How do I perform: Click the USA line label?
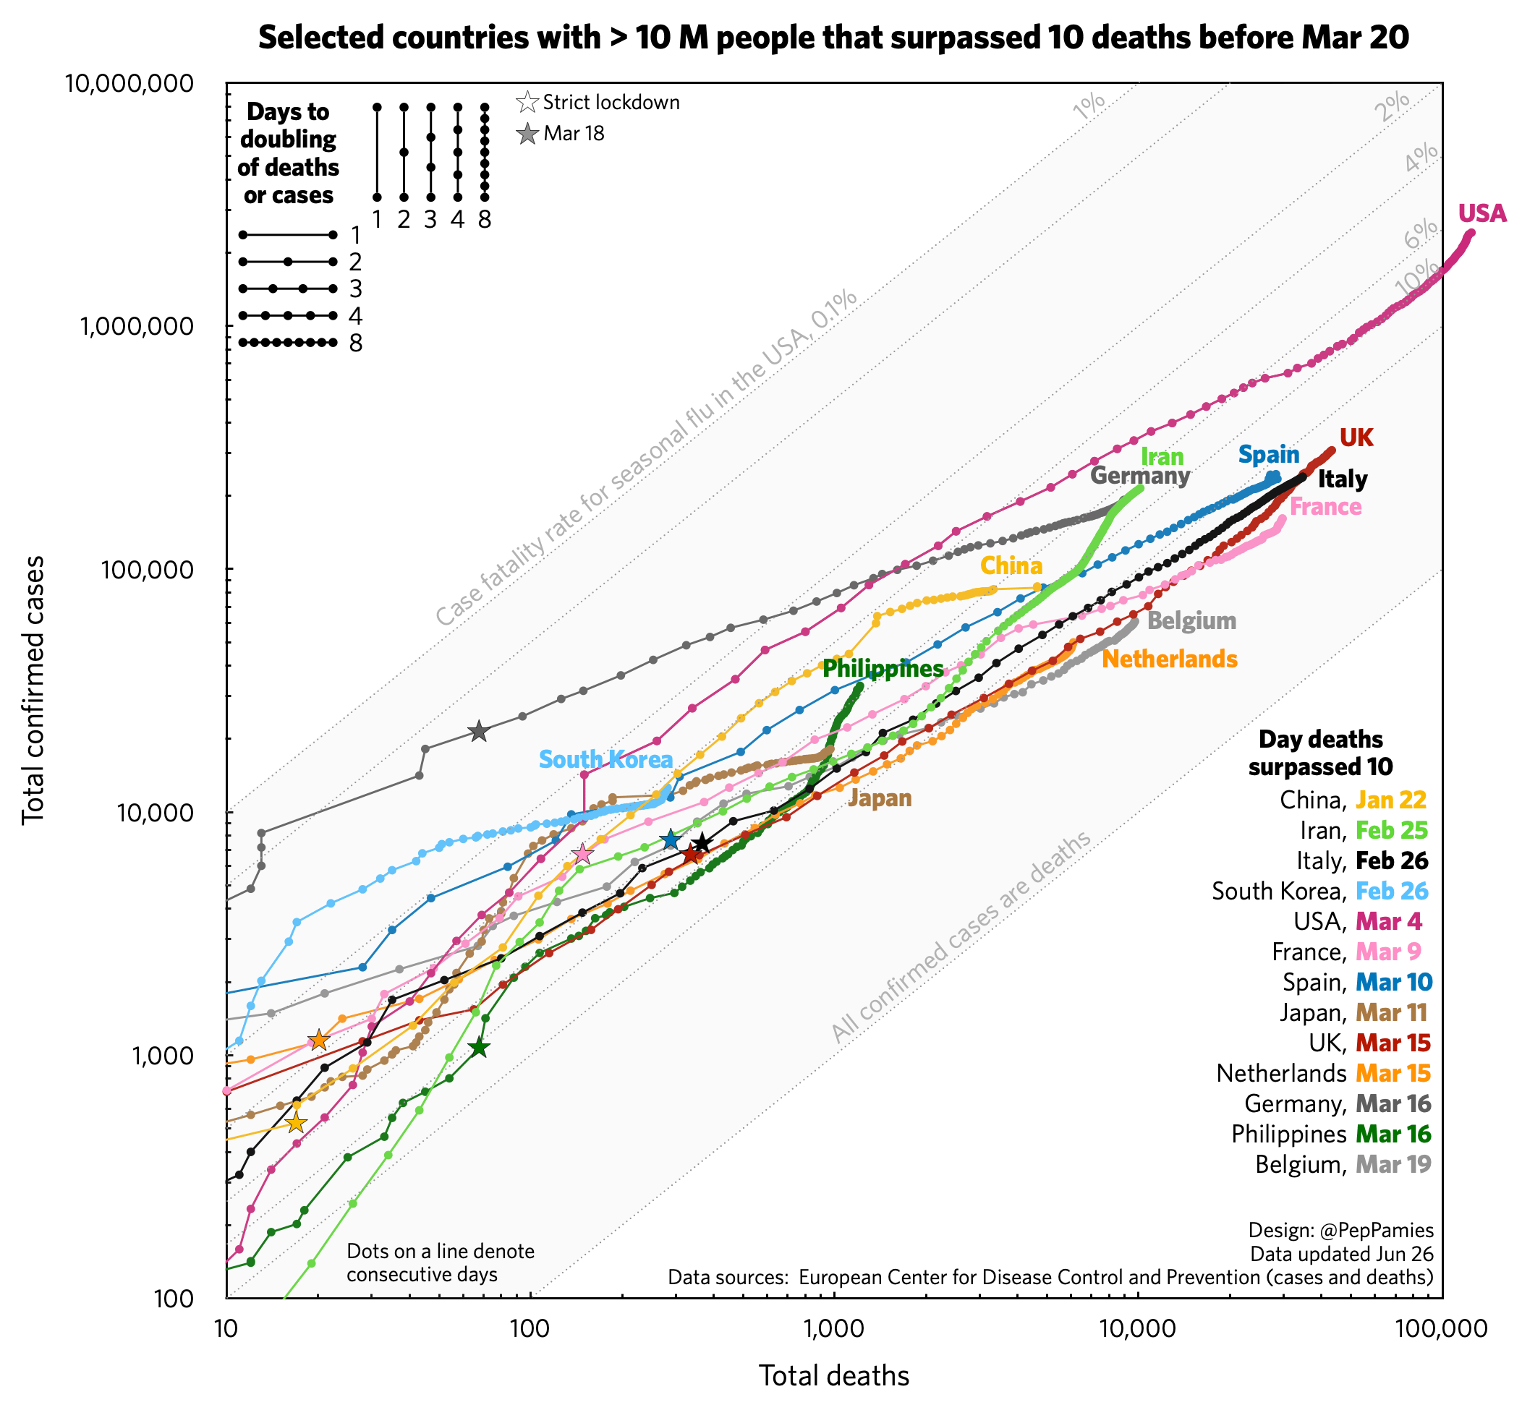tap(1481, 215)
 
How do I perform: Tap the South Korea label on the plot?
tap(605, 760)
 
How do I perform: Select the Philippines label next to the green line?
tap(883, 669)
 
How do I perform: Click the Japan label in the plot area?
tap(880, 799)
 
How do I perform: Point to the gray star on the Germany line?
tap(479, 732)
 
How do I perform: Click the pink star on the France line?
tap(582, 854)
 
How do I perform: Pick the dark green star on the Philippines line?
tap(479, 1048)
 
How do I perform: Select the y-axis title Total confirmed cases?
tap(33, 690)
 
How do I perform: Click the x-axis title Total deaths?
tap(833, 1376)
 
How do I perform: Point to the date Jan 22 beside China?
tap(1391, 800)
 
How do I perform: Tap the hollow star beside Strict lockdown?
tap(527, 102)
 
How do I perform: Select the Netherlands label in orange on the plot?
tap(1170, 659)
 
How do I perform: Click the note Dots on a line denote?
tap(441, 1252)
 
